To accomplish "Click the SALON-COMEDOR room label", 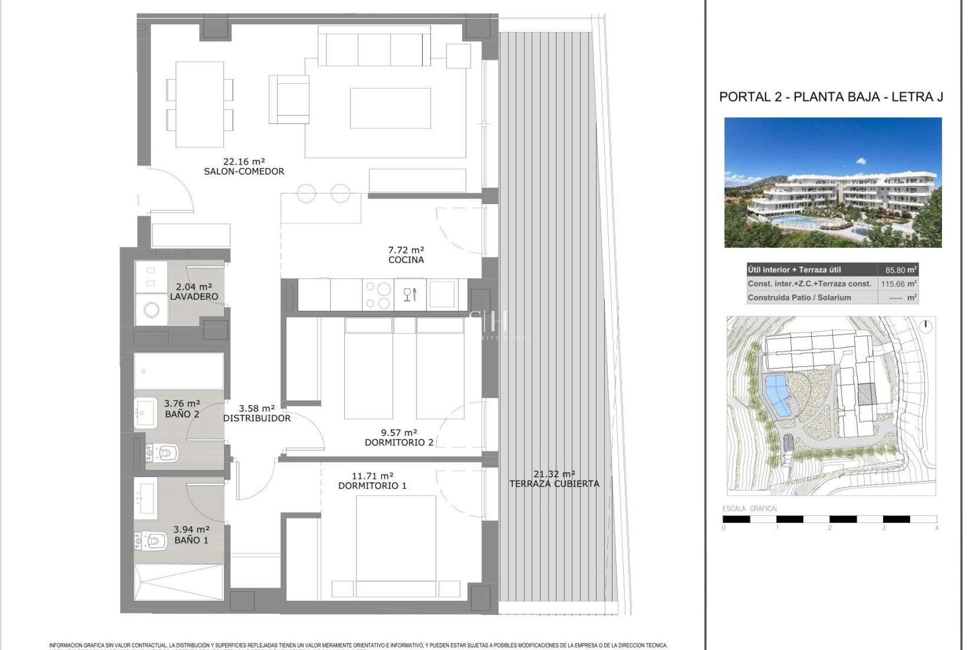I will point(244,172).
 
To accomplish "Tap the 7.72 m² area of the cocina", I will point(406,250).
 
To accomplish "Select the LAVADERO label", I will point(194,297).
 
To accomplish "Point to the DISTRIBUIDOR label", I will point(257,418).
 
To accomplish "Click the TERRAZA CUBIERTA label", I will point(554,484).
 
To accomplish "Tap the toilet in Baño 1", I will point(151,541).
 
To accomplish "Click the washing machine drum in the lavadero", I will point(151,309).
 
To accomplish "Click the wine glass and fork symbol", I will point(410,294).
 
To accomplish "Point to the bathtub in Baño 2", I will point(179,371).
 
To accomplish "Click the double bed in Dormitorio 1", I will point(396,546).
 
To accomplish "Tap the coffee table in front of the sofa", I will point(390,108).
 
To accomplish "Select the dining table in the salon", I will point(200,104).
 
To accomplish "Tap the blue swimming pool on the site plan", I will point(777,396).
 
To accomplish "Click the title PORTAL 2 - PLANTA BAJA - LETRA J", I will point(831,97).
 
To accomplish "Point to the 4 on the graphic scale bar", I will point(936,528).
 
